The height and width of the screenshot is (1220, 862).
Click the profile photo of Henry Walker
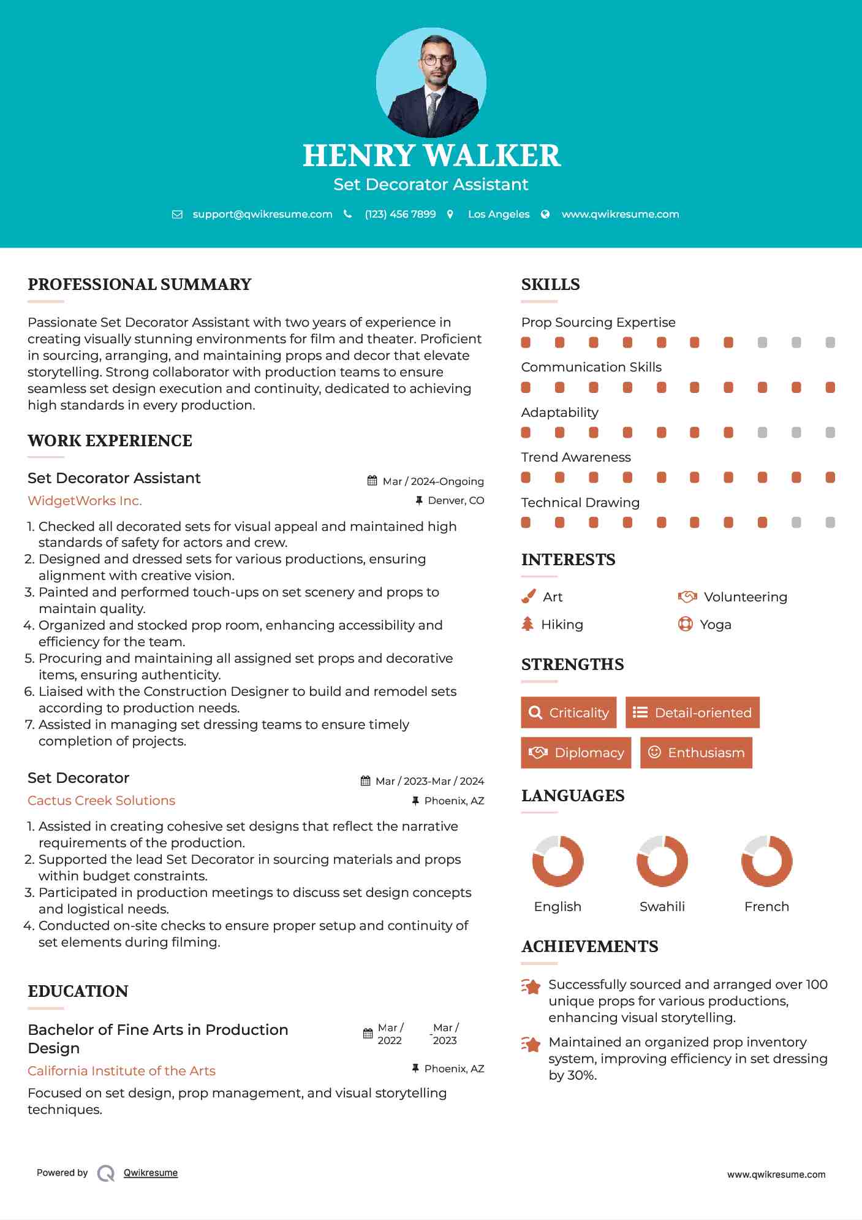tap(431, 82)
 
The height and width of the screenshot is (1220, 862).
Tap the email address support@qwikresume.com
tap(262, 214)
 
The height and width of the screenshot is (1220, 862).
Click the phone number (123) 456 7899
tap(400, 214)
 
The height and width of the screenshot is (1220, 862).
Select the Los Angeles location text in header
tap(498, 214)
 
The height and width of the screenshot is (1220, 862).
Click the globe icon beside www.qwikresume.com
tap(545, 214)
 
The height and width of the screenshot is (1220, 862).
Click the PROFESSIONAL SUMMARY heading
tap(140, 284)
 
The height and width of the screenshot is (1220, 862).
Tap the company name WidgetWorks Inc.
tap(85, 501)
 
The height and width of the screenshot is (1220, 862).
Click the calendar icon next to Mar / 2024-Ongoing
tap(372, 481)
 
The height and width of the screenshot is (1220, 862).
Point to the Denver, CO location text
tap(456, 501)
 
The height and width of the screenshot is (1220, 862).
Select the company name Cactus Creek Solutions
tap(101, 801)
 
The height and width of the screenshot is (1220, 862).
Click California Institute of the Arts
tap(121, 1071)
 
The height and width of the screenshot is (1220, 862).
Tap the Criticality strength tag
tap(569, 712)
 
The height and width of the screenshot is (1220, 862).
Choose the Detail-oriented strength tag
tap(692, 712)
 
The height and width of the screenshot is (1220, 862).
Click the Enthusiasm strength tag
tap(696, 752)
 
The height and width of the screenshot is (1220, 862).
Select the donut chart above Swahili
tap(662, 861)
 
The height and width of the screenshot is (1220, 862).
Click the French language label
tap(766, 907)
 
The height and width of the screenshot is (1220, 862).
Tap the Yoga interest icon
tap(685, 624)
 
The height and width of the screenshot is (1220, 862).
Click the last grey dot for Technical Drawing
tap(830, 522)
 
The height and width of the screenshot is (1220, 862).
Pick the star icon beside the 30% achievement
tap(531, 1044)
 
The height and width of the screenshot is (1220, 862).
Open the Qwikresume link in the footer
tap(151, 1173)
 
